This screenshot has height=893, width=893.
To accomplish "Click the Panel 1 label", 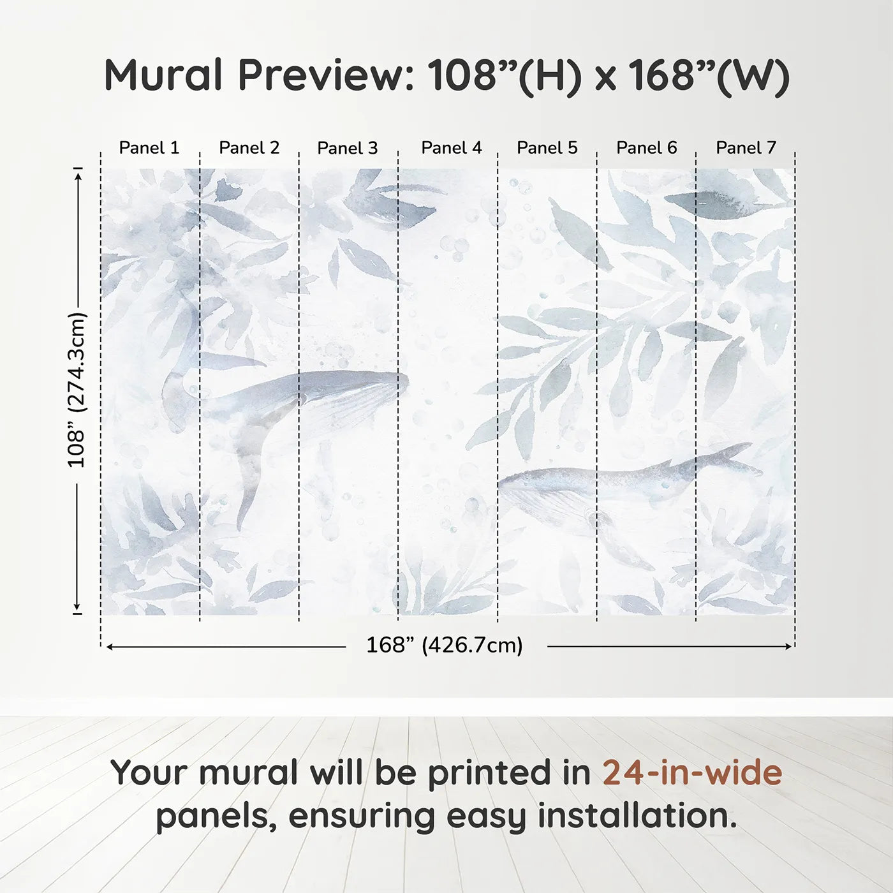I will point(149,148).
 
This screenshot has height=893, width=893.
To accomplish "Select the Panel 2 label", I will point(249,148).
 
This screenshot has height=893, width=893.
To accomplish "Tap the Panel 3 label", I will point(348,148).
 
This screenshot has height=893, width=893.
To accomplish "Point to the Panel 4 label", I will point(452,148).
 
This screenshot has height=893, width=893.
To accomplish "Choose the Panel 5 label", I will point(547,148).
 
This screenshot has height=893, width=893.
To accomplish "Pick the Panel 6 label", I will point(646,148).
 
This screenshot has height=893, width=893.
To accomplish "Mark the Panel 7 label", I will point(746,148).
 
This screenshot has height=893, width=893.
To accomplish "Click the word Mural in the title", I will point(163,75).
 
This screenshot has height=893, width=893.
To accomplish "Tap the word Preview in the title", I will point(326,75).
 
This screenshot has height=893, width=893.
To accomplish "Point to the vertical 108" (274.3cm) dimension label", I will point(77,390).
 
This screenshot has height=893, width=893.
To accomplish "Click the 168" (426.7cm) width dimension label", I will point(445,646).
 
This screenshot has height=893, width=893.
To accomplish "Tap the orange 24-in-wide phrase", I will point(692,772).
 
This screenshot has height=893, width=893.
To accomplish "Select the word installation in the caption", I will point(637,816).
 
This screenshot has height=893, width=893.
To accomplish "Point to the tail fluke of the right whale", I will point(734,454).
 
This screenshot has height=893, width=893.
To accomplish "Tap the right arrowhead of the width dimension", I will point(788,647).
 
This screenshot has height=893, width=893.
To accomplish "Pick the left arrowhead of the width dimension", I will point(110,647).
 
